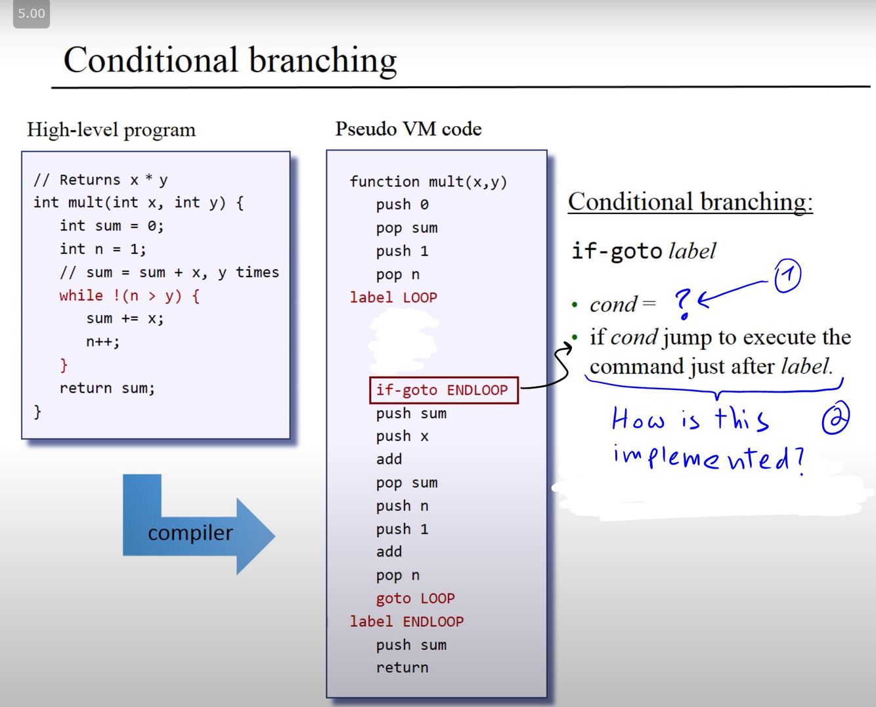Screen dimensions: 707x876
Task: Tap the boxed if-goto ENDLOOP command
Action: click(444, 390)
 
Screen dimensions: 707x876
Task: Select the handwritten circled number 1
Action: click(787, 276)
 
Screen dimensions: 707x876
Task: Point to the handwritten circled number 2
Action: click(835, 418)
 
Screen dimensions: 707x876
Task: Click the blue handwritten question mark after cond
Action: click(683, 303)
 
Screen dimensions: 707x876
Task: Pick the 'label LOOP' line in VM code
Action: click(393, 297)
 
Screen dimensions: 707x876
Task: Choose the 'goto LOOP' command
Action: click(415, 599)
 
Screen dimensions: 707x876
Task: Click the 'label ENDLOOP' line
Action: click(406, 622)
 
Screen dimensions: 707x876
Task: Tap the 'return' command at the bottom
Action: click(402, 668)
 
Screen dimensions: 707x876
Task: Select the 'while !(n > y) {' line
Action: click(129, 295)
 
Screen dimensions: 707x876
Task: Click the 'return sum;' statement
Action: click(107, 388)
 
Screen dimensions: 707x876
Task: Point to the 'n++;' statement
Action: click(102, 341)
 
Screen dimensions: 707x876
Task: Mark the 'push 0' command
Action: click(402, 205)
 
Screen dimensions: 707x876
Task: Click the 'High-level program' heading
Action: click(111, 130)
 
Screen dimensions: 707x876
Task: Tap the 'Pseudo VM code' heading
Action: click(408, 129)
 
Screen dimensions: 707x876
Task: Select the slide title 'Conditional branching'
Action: click(230, 60)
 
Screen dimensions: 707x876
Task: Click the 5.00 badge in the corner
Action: click(32, 14)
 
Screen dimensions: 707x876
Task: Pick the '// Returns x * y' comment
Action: click(100, 180)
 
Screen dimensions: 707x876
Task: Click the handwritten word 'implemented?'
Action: click(708, 457)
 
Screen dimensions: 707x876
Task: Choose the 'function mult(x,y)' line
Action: click(428, 182)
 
